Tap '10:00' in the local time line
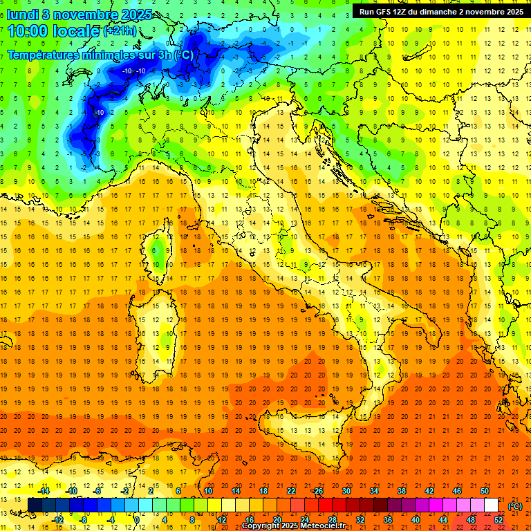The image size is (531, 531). (x=29, y=31)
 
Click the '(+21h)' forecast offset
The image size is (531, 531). (x=120, y=32)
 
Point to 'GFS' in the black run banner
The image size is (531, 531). (x=388, y=11)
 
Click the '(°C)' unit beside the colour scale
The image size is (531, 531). (x=516, y=506)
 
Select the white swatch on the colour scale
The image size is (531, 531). (x=491, y=505)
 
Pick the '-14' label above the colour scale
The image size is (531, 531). (x=45, y=491)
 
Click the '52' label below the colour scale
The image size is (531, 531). (x=498, y=519)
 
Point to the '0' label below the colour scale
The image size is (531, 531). (x=137, y=519)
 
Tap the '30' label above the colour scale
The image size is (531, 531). (x=346, y=491)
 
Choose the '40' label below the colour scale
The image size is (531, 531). (x=415, y=519)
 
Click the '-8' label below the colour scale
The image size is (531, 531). (x=84, y=519)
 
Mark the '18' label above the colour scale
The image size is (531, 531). (x=263, y=491)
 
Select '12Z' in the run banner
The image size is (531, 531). (x=409, y=11)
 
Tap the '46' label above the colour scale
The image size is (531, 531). (x=456, y=491)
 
